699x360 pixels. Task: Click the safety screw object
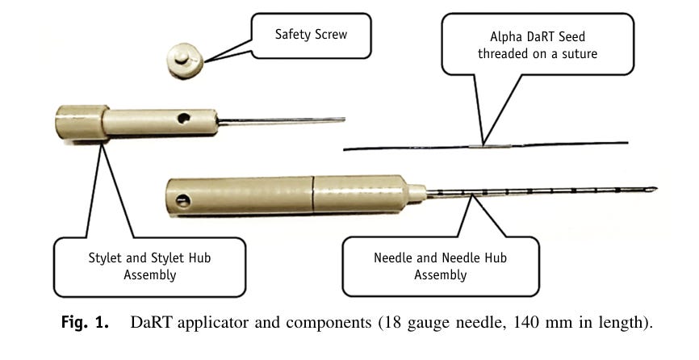[184, 61]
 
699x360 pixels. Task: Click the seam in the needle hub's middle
[312, 195]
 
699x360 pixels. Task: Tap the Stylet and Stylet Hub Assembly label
[149, 266]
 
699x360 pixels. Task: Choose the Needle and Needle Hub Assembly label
[440, 266]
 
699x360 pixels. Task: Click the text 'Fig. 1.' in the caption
[86, 324]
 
